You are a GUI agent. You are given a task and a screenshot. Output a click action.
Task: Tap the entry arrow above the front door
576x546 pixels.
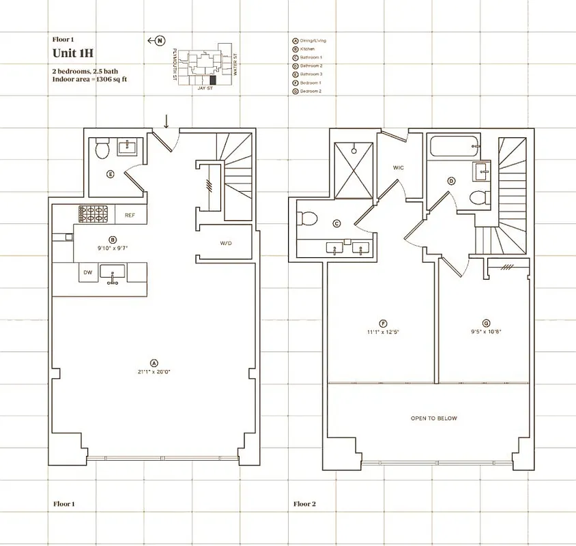[166, 121]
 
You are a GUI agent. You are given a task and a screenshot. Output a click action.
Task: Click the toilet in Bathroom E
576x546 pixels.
[102, 149]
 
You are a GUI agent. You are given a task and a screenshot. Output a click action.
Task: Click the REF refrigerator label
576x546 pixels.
[130, 215]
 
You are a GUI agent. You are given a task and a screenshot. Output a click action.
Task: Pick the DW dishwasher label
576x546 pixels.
[88, 272]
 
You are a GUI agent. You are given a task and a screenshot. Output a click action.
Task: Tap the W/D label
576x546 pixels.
[226, 243]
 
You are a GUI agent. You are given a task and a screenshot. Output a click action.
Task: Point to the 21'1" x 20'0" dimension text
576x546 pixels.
[154, 372]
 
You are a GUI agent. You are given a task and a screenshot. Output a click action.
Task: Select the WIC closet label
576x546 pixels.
[399, 167]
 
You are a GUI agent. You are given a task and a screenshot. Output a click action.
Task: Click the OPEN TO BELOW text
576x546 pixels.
[433, 418]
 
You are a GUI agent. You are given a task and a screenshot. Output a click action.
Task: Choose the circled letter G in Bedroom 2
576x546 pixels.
[485, 323]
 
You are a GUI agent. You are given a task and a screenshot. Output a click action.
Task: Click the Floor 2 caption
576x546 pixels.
[304, 504]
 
